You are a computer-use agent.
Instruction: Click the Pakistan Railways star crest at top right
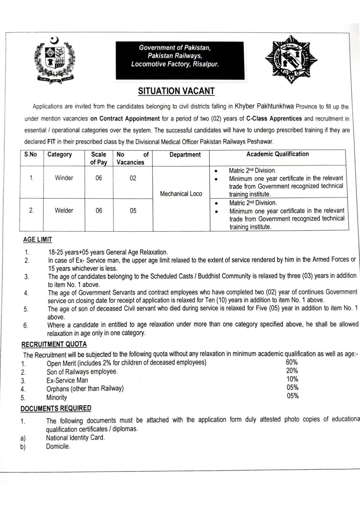pyautogui.click(x=291, y=59)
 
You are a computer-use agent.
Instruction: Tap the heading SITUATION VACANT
pyautogui.click(x=176, y=91)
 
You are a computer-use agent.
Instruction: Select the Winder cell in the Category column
pyautogui.click(x=64, y=178)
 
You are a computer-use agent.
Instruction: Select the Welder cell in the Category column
pyautogui.click(x=64, y=210)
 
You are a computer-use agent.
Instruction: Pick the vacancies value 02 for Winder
pyautogui.click(x=133, y=178)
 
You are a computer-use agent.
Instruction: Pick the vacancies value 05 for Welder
pyautogui.click(x=133, y=211)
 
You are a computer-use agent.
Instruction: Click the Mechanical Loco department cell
pyautogui.click(x=181, y=194)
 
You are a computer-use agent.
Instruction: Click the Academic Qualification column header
pyautogui.click(x=277, y=154)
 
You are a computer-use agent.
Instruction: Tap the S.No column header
pyautogui.click(x=31, y=154)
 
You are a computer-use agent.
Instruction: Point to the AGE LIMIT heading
pyautogui.click(x=38, y=240)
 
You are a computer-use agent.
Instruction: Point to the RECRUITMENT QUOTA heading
pyautogui.click(x=54, y=344)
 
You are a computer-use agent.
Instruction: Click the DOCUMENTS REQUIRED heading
pyautogui.click(x=56, y=408)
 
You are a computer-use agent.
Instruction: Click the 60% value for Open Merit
pyautogui.click(x=292, y=362)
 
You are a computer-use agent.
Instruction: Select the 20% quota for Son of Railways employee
pyautogui.click(x=292, y=371)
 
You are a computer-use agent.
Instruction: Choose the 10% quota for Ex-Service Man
pyautogui.click(x=292, y=379)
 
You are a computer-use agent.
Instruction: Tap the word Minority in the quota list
pyautogui.click(x=57, y=398)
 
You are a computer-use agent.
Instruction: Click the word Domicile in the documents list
pyautogui.click(x=58, y=447)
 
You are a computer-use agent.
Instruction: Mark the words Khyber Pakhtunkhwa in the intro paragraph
pyautogui.click(x=265, y=106)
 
